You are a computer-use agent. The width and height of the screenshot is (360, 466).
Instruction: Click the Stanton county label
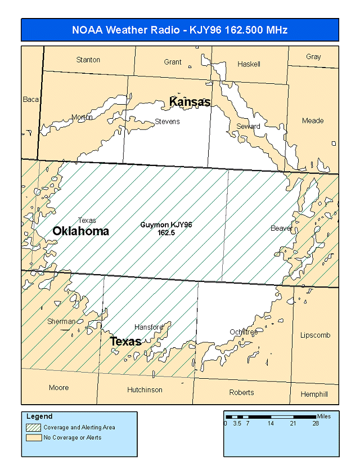(x=88, y=60)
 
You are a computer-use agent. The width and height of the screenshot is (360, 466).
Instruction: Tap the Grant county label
(x=173, y=62)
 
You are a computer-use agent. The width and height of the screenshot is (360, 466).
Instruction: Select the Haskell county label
(x=249, y=64)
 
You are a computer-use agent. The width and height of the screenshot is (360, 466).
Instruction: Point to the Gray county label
(x=313, y=57)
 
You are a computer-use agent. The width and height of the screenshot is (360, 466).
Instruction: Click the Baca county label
(x=31, y=100)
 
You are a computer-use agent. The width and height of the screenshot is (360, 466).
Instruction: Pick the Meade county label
(x=313, y=120)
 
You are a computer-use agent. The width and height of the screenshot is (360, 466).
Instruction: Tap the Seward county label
(x=248, y=126)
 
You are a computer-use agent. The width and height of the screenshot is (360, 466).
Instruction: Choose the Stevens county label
(x=167, y=122)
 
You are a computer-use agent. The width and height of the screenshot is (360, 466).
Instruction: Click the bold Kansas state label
(x=190, y=102)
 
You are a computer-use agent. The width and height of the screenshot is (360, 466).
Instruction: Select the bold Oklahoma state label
(x=80, y=231)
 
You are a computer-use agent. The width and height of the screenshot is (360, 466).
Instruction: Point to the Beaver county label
(x=281, y=228)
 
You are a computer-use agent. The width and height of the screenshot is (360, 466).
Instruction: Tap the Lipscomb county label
(x=315, y=335)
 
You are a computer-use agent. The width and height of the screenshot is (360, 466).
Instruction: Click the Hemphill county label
(x=313, y=394)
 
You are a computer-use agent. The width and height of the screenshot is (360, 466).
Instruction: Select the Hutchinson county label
(x=145, y=389)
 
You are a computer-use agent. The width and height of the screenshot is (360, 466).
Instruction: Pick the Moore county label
(x=58, y=387)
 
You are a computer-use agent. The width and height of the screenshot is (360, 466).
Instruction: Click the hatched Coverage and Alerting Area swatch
(x=33, y=428)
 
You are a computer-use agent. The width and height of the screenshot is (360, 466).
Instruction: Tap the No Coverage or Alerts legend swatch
(x=33, y=437)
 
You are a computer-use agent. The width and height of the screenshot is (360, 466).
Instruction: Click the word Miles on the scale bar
(x=324, y=416)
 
